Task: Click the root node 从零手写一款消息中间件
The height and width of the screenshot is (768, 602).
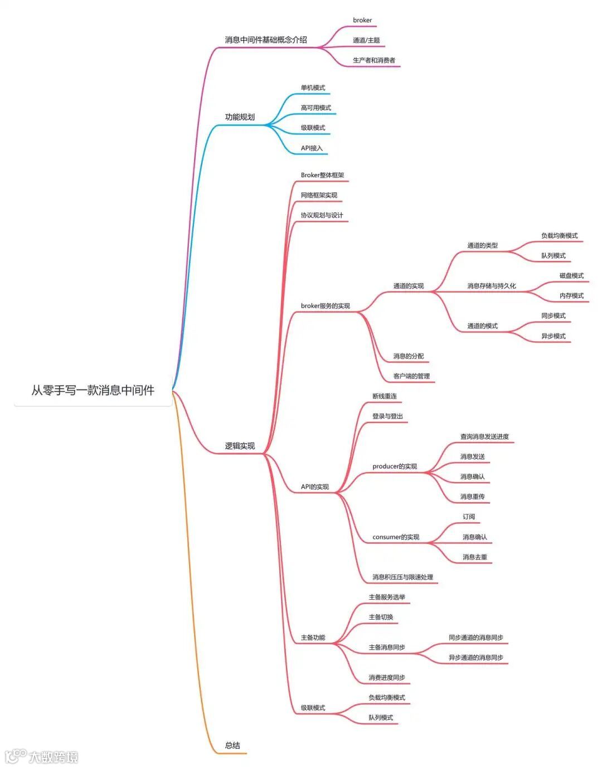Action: (x=93, y=390)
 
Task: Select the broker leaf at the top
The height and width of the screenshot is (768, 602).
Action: (x=362, y=20)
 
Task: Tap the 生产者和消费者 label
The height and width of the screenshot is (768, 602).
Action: (x=374, y=60)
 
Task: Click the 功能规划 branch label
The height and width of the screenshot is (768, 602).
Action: (x=240, y=117)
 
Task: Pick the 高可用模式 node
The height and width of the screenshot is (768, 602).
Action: (x=316, y=108)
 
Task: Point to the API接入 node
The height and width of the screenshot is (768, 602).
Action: (x=312, y=148)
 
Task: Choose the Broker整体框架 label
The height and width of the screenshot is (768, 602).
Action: (x=322, y=175)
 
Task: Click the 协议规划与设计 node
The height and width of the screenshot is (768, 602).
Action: (x=322, y=215)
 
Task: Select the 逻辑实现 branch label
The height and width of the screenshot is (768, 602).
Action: (x=240, y=446)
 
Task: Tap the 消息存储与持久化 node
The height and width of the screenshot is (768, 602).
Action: (x=492, y=286)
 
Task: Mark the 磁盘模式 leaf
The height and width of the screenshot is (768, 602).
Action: (x=571, y=275)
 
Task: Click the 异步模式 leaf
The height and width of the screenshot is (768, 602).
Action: (x=554, y=336)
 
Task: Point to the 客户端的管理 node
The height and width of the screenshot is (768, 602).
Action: (x=411, y=376)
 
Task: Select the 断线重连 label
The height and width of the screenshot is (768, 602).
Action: (x=385, y=396)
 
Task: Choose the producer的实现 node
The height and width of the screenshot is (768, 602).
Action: (x=395, y=466)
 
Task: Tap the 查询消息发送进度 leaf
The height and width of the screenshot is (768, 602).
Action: (x=484, y=436)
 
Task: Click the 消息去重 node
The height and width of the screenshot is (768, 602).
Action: (x=475, y=557)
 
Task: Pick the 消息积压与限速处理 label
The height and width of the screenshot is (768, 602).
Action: (x=402, y=577)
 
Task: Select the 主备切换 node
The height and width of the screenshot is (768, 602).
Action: (x=381, y=617)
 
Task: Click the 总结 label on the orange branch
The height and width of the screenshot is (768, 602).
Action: (x=232, y=745)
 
